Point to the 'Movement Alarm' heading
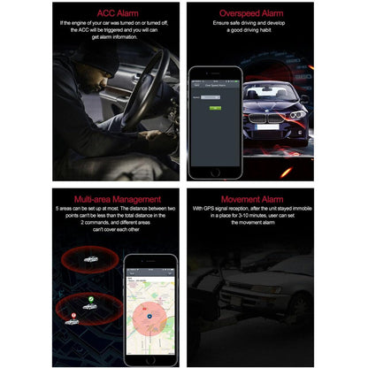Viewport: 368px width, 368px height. click(x=250, y=199)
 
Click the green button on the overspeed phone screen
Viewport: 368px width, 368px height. click(x=213, y=107)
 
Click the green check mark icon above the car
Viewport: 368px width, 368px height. click(x=89, y=304)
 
